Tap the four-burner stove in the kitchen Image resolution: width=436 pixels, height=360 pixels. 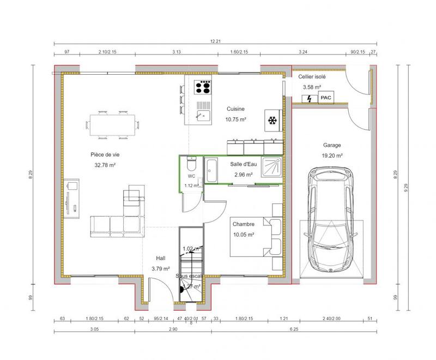[204, 87]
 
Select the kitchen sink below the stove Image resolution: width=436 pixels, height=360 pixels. [204, 115]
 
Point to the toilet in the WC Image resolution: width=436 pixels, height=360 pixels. [191, 164]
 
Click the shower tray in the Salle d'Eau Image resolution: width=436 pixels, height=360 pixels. [271, 167]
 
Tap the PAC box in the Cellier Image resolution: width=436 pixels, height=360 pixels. [326, 98]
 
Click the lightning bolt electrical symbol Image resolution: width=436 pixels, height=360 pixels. [310, 98]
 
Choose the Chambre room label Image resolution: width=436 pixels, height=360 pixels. [243, 224]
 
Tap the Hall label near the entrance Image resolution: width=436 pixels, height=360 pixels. [161, 258]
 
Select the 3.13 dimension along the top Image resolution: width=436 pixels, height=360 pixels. [176, 52]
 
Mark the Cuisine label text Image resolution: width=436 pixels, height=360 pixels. [235, 109]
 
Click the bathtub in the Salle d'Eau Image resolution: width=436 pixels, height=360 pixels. [211, 170]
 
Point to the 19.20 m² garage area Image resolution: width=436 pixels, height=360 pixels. [331, 155]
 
